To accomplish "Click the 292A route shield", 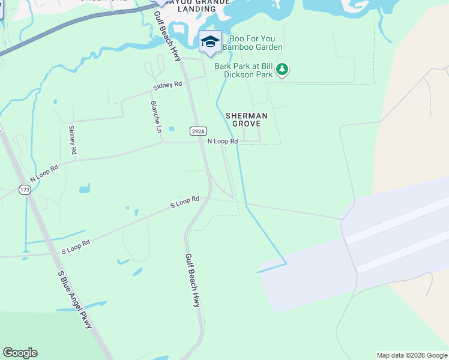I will pyautogui.click(x=198, y=131).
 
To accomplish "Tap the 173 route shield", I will pyautogui.click(x=25, y=190).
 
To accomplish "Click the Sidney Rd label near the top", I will pyautogui.click(x=167, y=86).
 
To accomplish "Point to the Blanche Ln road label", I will pyautogui.click(x=155, y=116).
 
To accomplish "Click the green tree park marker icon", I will pyautogui.click(x=282, y=70).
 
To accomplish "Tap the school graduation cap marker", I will pyautogui.click(x=210, y=42).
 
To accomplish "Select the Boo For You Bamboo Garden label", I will pyautogui.click(x=252, y=42).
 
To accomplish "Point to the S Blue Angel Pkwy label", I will pyautogui.click(x=75, y=299).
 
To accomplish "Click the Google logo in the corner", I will pyautogui.click(x=20, y=353).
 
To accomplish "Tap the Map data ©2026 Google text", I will pyautogui.click(x=411, y=355).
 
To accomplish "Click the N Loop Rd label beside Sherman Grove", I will pyautogui.click(x=223, y=142).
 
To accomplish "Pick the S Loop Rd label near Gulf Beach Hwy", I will pyautogui.click(x=185, y=202).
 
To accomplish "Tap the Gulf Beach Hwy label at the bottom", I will pyautogui.click(x=192, y=280).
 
